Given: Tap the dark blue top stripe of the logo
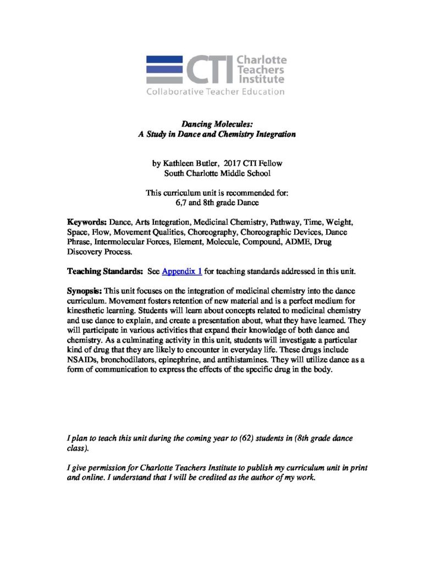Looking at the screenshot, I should coord(164,59).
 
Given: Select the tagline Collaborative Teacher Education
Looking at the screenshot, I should coord(215,92).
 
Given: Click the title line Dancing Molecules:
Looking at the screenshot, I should coord(217,125).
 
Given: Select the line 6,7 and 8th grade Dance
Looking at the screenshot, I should coord(217,202).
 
